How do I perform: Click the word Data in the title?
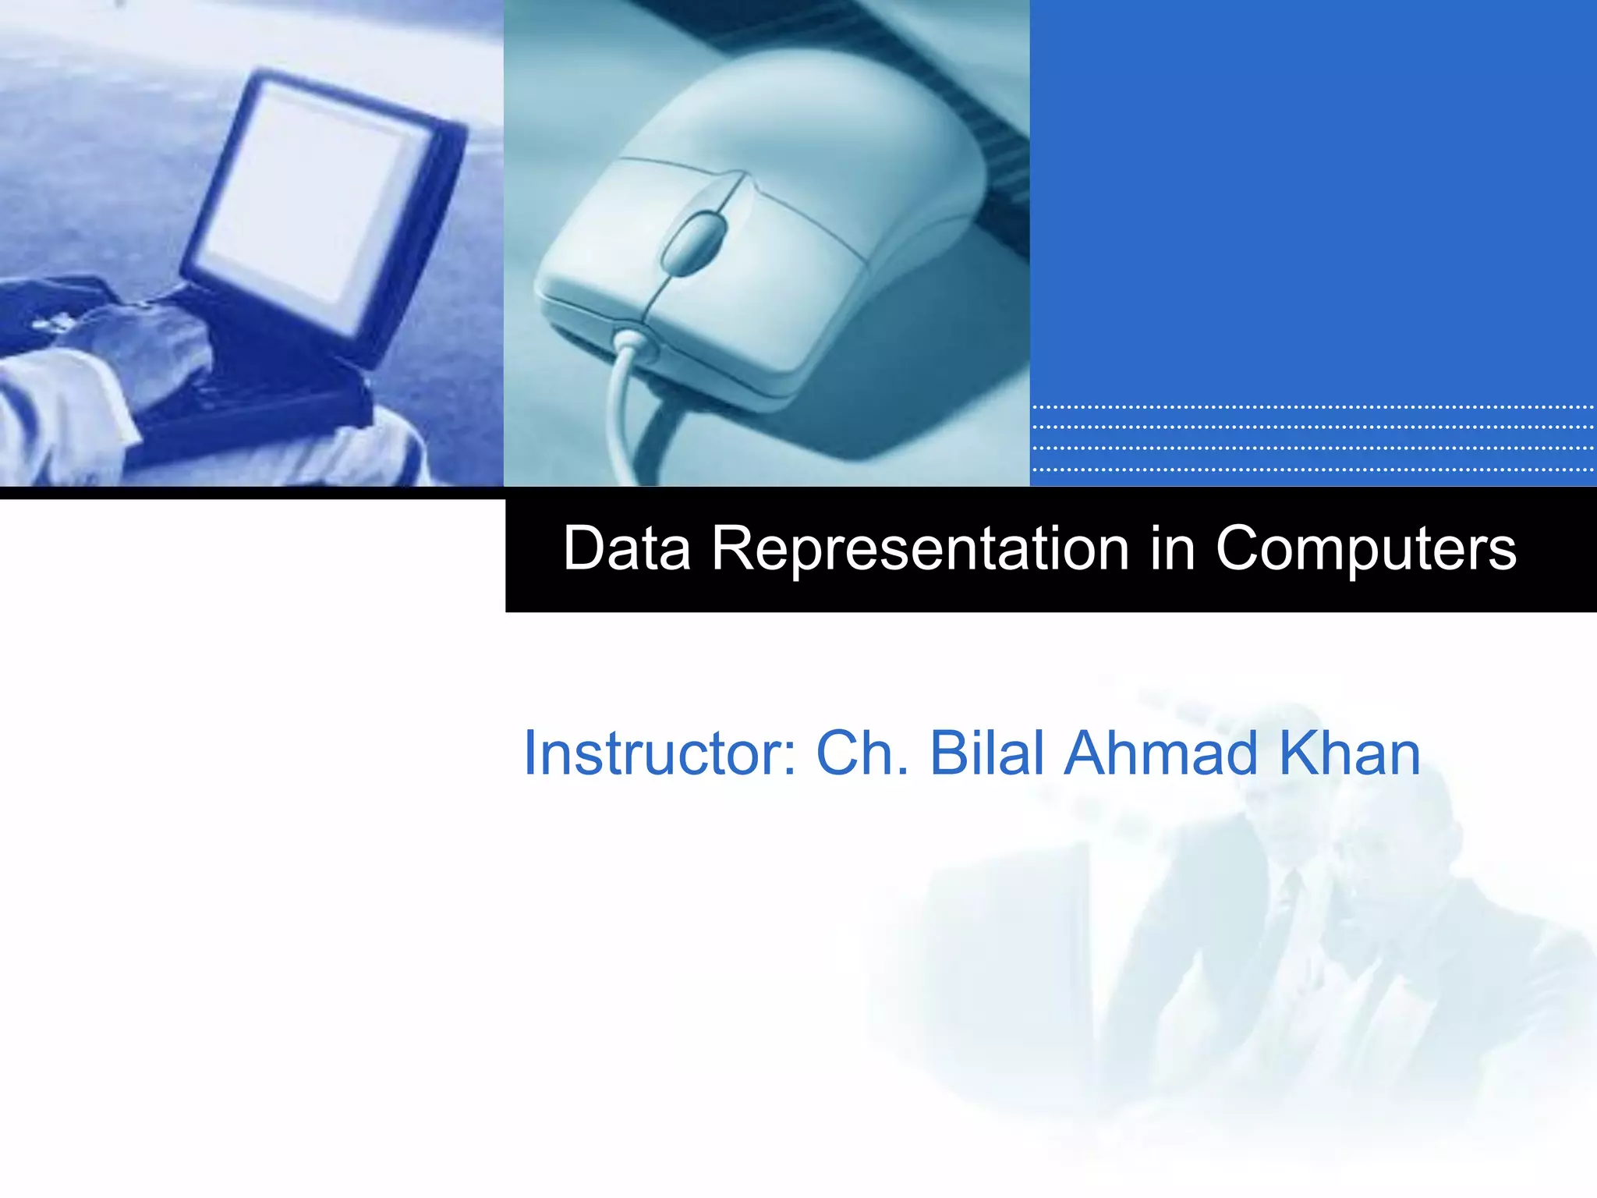[627, 548]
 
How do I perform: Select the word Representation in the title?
[920, 548]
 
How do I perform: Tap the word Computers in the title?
[1365, 548]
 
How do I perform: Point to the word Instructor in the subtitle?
[660, 753]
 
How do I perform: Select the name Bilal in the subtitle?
[987, 753]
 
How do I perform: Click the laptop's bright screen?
[312, 195]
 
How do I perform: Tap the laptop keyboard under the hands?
[234, 390]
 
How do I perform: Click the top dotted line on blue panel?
[1312, 407]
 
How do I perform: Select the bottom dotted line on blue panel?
[1312, 470]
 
